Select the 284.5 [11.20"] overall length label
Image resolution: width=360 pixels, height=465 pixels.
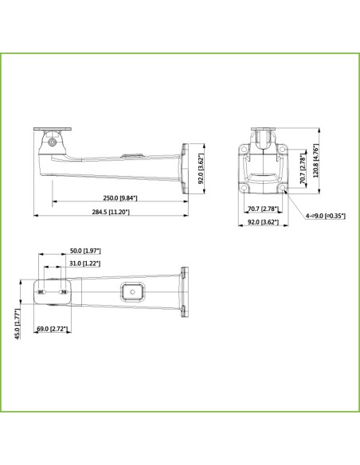click(x=111, y=213)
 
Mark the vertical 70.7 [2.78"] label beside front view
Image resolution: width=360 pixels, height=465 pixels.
click(x=302, y=170)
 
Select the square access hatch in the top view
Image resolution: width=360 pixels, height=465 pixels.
click(x=131, y=291)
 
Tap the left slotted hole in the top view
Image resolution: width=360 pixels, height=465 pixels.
click(x=41, y=291)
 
